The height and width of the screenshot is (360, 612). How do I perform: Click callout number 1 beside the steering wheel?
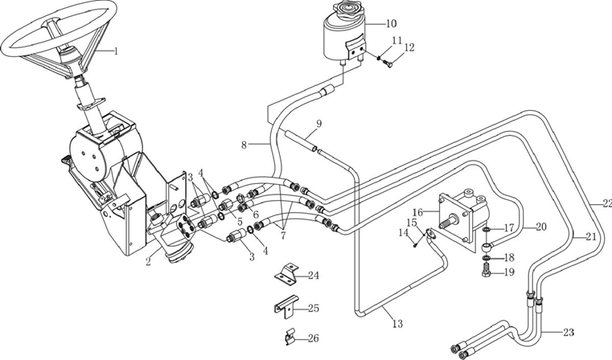[x=115, y=51]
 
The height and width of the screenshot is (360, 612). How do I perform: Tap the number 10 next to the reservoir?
[x=391, y=23]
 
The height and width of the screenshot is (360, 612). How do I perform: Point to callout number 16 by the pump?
[x=417, y=213]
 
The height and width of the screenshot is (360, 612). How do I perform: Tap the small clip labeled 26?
[x=290, y=338]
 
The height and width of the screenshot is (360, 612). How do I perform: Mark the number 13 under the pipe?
[x=397, y=324]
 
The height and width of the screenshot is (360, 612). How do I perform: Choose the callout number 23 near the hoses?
[x=569, y=333]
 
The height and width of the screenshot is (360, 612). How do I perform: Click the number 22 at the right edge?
[x=607, y=202]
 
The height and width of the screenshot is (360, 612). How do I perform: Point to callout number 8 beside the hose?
[x=244, y=145]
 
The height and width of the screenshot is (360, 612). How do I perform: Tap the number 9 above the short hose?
[x=319, y=124]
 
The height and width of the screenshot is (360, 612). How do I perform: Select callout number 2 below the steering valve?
[x=148, y=261]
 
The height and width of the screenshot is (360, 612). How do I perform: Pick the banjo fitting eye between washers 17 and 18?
[x=487, y=246]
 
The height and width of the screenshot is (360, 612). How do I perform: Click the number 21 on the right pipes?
[x=591, y=236]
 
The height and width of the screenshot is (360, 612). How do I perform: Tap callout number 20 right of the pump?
[x=541, y=227]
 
